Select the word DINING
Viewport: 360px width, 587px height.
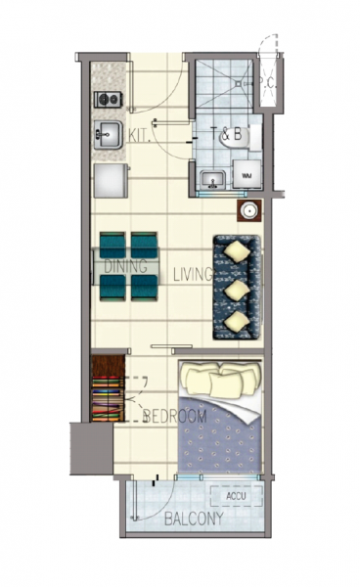click(126, 266)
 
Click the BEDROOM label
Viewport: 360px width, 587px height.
click(175, 417)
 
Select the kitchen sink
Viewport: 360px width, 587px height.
click(107, 135)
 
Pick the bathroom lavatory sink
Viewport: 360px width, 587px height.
click(212, 179)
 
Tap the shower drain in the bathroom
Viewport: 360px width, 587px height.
click(238, 83)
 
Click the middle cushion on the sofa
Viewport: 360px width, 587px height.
click(236, 290)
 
